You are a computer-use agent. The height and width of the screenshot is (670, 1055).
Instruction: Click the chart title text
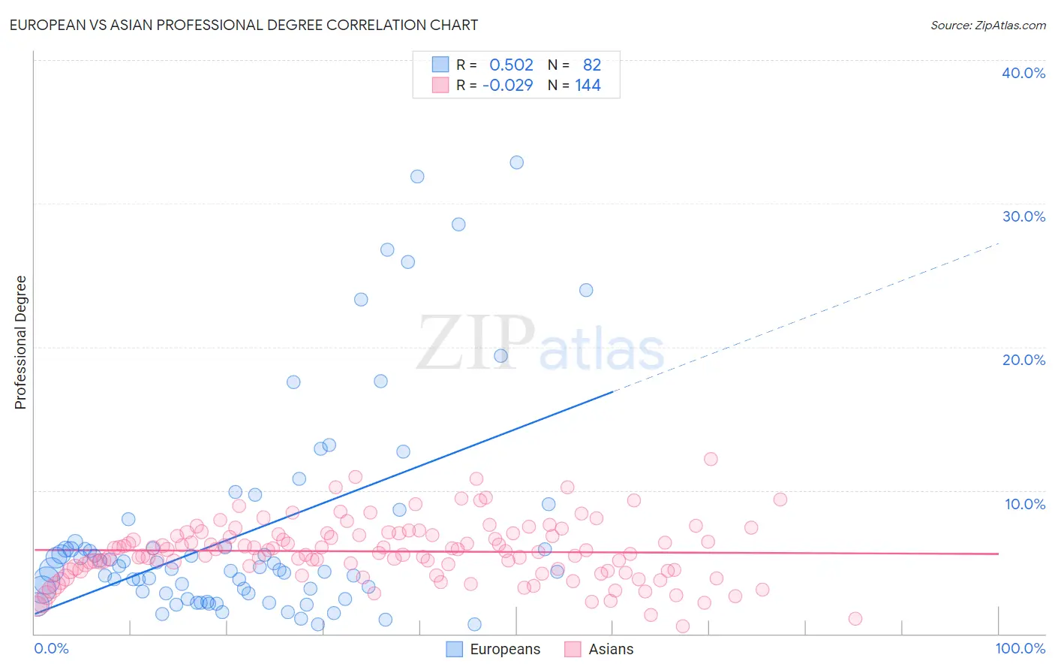[244, 25]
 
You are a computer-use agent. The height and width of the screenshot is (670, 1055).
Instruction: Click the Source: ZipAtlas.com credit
[987, 25]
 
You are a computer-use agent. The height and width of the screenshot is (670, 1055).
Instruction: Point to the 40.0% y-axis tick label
[1023, 73]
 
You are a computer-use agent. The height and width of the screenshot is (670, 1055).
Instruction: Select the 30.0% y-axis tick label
[1023, 216]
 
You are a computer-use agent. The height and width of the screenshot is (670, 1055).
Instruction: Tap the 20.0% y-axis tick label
[1023, 360]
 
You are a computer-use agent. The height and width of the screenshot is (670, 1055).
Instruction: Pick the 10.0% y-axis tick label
[1024, 504]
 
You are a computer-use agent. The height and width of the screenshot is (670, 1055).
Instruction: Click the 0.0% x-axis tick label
[51, 648]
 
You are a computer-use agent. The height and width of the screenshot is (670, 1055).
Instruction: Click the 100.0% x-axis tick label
[1020, 648]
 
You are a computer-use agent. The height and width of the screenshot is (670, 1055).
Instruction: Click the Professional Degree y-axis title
[20, 343]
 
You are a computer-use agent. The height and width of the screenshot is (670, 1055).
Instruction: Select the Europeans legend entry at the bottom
[493, 649]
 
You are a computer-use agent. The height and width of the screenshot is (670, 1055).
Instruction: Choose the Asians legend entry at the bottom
[599, 649]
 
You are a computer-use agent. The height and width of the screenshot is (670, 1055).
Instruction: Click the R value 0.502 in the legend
[511, 65]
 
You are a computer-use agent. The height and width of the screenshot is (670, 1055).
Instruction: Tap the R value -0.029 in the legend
[507, 85]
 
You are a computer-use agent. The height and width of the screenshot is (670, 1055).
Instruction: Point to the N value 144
[588, 85]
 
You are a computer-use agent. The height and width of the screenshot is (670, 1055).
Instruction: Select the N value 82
[592, 65]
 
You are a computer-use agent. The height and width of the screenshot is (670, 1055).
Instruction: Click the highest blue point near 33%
[517, 162]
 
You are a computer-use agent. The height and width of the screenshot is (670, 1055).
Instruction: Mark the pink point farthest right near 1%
[855, 619]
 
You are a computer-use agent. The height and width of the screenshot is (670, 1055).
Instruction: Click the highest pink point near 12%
[711, 459]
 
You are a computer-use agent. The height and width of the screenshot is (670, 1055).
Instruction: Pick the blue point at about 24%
[586, 290]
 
